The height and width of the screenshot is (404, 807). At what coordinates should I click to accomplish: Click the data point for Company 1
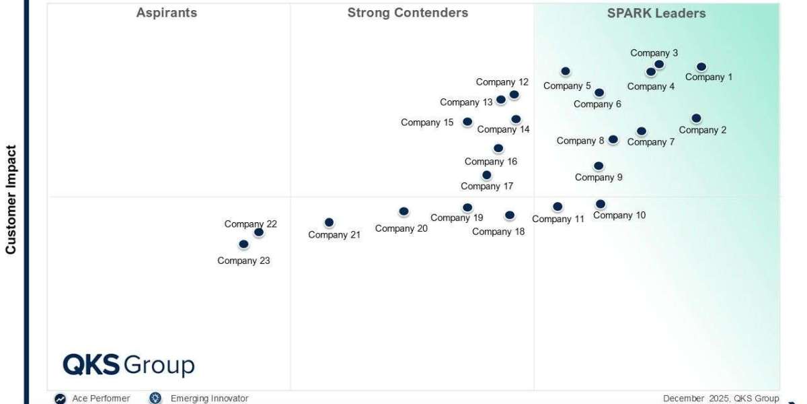[x=701, y=67]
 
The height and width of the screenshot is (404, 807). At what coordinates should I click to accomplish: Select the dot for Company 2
[x=696, y=119]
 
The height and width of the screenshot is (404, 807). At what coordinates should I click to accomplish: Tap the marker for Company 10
[x=600, y=204]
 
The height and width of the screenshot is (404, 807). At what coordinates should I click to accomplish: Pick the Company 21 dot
[x=329, y=222]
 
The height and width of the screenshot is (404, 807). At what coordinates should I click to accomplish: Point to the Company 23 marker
[x=243, y=244]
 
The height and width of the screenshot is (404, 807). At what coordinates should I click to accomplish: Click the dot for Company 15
[x=467, y=122]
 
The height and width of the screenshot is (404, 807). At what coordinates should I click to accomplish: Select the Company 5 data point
[x=566, y=71]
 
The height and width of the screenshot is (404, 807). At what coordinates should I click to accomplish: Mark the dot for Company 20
[x=403, y=211]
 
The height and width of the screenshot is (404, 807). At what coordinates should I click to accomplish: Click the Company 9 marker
[x=599, y=166]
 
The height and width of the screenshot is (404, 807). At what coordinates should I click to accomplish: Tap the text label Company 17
[x=487, y=187]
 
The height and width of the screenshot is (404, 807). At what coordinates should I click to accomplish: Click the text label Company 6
[x=597, y=104]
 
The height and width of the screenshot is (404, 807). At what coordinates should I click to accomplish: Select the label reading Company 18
[x=498, y=232]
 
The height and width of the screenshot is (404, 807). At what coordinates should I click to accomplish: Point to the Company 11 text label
[x=558, y=219]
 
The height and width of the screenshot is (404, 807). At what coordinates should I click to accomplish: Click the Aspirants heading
[x=167, y=13]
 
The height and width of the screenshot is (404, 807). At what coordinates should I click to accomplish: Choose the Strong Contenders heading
[x=408, y=13]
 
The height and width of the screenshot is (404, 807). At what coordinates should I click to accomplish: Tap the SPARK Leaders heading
[x=656, y=13]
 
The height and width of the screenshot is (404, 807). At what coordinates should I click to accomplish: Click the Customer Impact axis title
[x=11, y=199]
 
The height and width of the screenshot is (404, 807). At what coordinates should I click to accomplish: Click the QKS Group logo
[x=128, y=365]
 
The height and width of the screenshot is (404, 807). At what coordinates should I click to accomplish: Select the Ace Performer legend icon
[x=61, y=399]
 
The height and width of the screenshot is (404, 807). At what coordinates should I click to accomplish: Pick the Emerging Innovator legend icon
[x=156, y=399]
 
